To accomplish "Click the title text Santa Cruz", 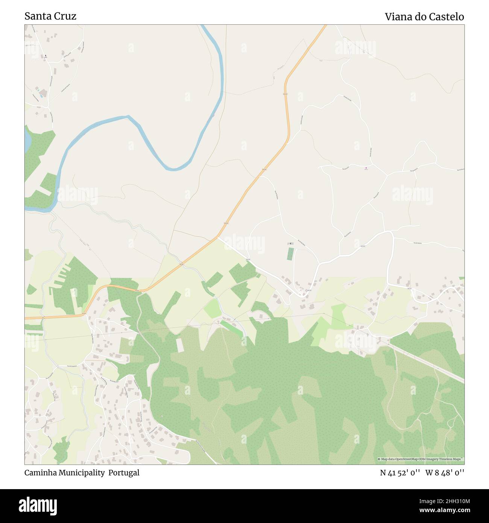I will [x=50, y=16].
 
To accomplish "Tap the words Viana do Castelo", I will [x=424, y=17].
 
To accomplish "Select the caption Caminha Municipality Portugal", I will [x=82, y=473].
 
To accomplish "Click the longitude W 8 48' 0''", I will [x=445, y=473].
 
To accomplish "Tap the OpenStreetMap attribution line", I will [x=421, y=459].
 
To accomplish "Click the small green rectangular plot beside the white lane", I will [x=290, y=254].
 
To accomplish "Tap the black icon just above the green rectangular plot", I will [x=290, y=243].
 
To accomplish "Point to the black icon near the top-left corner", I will [x=46, y=56].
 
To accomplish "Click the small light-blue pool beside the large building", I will [x=37, y=89].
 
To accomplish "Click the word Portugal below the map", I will [x=124, y=473].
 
